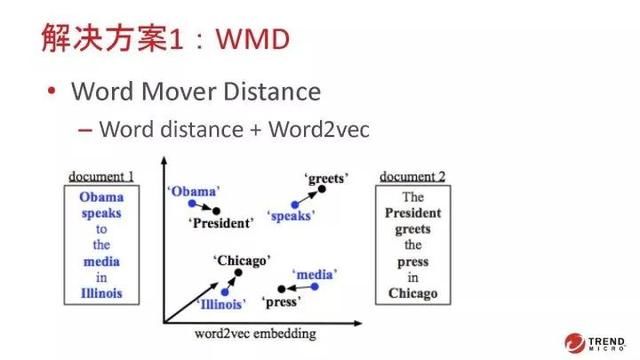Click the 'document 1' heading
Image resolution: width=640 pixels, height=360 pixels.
tap(101, 177)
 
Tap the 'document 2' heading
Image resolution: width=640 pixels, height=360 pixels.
tap(412, 177)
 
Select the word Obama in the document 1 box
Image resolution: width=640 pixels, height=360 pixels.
tap(101, 197)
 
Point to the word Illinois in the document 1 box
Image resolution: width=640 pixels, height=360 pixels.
tap(101, 293)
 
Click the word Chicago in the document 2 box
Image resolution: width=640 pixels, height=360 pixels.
tap(412, 293)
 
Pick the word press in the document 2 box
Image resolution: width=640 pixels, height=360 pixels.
tap(412, 261)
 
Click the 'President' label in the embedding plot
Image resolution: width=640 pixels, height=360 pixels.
tap(221, 223)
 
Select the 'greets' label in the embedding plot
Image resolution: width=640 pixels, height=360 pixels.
tap(326, 179)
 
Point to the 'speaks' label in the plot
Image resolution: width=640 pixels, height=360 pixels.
tap(292, 215)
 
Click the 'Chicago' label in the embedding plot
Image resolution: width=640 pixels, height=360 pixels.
tap(241, 260)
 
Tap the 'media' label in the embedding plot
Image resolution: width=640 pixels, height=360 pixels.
tap(314, 273)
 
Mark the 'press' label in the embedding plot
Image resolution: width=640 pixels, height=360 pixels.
tap(281, 301)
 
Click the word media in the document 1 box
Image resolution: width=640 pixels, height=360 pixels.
tap(101, 261)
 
